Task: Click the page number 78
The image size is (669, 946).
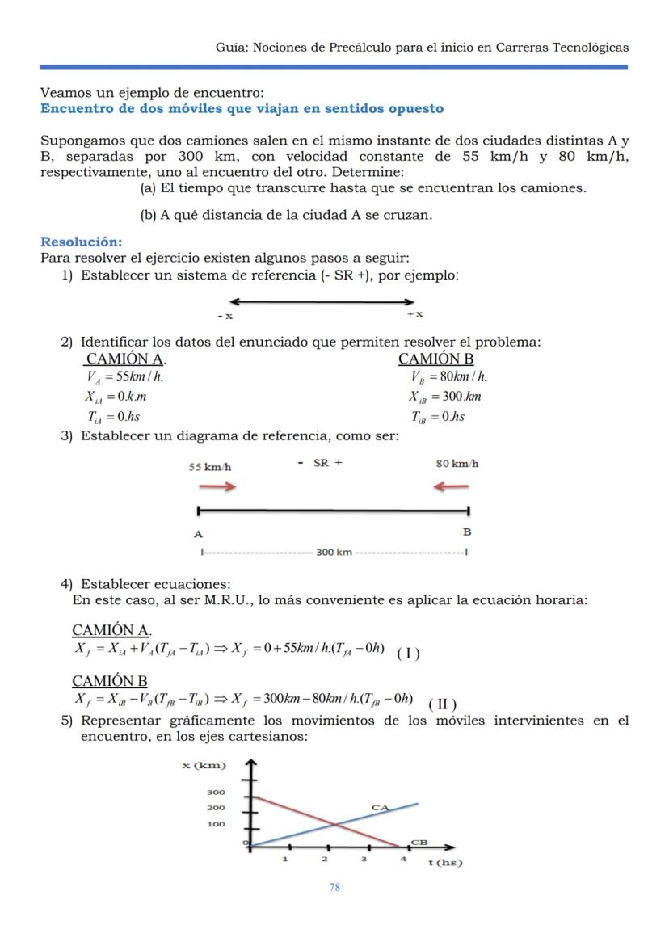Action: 334,887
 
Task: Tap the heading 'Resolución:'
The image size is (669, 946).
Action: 81,242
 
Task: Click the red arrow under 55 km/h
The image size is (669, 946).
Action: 218,486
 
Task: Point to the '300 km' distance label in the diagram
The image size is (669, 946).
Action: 334,553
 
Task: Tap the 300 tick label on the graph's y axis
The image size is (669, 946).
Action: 217,793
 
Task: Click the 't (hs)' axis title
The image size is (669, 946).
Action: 444,862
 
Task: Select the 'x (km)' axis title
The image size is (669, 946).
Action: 204,765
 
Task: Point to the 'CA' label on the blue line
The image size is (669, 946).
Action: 380,807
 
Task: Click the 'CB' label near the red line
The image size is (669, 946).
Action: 419,842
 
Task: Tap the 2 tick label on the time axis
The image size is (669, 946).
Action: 325,859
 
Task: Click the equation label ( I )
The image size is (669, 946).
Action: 408,654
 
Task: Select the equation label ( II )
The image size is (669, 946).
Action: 443,702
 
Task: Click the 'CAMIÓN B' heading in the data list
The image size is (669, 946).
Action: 435,359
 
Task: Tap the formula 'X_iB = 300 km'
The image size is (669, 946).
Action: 445,396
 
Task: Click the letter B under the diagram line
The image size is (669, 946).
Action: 466,532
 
